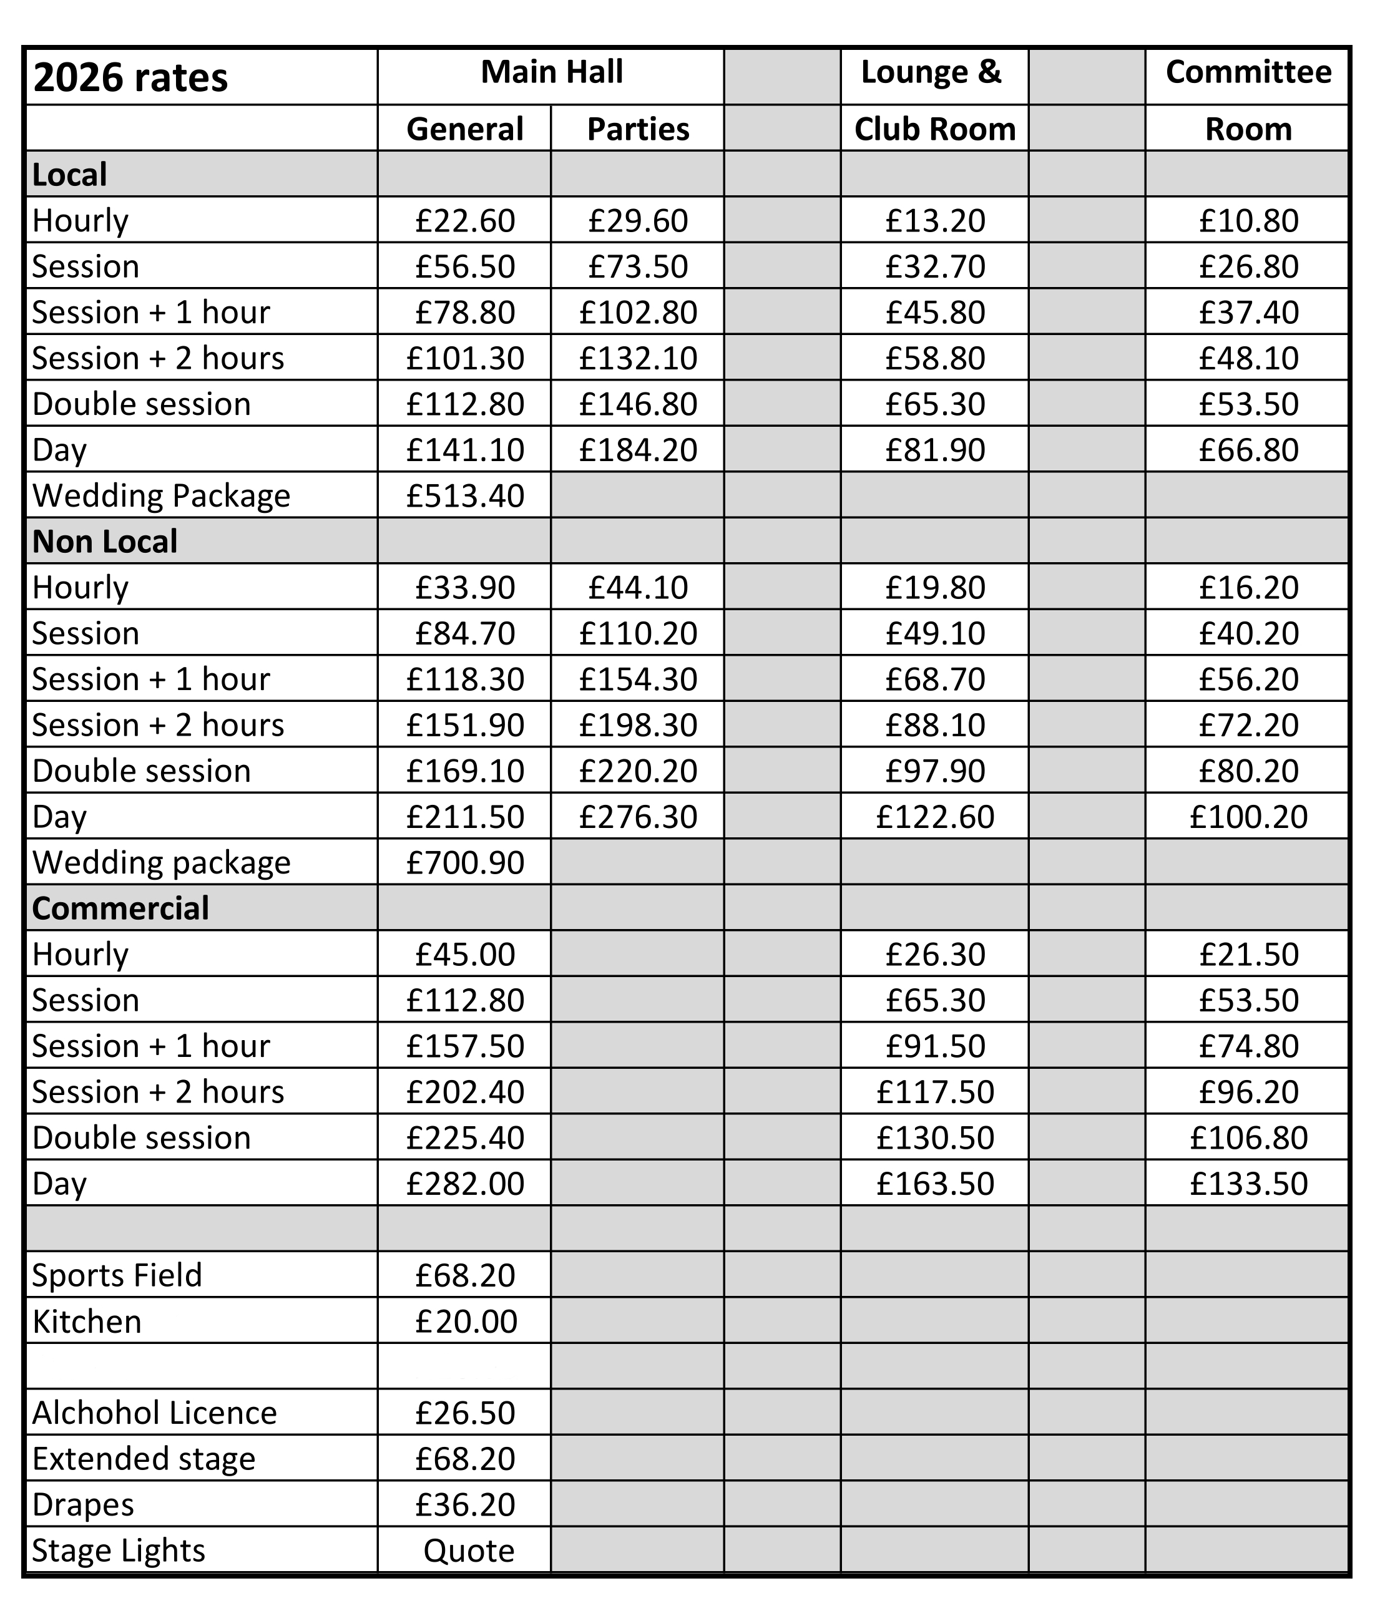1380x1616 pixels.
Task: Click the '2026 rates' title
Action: (x=130, y=77)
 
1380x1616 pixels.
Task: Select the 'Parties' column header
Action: (x=637, y=129)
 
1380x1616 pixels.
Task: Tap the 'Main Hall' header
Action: (x=552, y=72)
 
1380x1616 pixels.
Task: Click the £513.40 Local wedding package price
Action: (x=465, y=495)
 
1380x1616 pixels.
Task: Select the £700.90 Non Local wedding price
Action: (x=465, y=862)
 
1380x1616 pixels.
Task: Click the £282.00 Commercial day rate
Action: (x=465, y=1183)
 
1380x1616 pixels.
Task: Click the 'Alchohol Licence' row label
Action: (x=154, y=1413)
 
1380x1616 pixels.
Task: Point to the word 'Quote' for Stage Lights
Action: (x=469, y=1550)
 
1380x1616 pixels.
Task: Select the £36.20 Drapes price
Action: (x=465, y=1504)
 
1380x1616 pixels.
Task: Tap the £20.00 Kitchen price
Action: (x=466, y=1322)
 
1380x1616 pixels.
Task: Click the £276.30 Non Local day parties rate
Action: (x=637, y=817)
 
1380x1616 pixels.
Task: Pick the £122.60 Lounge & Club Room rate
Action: (x=934, y=817)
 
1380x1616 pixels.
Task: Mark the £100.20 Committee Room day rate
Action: (x=1248, y=817)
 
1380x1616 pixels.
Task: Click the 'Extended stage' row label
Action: (x=144, y=1459)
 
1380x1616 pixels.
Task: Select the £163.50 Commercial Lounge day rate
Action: (x=934, y=1183)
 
